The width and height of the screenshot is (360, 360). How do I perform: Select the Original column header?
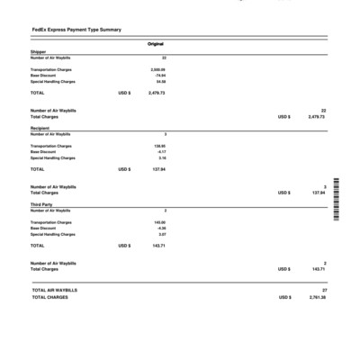coord(156,44)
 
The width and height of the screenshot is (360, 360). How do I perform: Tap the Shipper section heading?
coord(38,52)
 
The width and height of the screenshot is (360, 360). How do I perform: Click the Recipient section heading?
coord(40,129)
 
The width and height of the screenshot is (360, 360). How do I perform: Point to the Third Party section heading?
coord(41,204)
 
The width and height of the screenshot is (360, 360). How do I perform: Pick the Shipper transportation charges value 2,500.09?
coord(157,69)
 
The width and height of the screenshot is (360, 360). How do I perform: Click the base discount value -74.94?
coord(159,76)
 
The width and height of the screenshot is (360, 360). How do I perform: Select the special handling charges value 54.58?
coord(160,82)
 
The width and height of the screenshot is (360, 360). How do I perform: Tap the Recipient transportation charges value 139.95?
coord(159,146)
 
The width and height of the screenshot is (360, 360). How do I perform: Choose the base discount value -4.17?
coord(160,152)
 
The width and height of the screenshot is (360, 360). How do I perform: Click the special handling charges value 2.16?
coord(161,158)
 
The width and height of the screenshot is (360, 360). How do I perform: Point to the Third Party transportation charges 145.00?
coord(159,222)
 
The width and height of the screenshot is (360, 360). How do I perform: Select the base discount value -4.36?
coord(160,229)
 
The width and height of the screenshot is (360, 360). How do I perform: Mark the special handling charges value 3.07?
coord(161,235)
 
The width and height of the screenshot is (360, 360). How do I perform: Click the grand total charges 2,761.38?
coord(317,297)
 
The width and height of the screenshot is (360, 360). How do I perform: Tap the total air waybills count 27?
coord(323,290)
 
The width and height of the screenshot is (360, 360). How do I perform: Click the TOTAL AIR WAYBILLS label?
coord(54,290)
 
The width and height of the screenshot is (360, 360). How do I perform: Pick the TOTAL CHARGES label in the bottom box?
coord(49,297)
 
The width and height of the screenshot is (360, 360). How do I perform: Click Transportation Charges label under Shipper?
coord(50,69)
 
